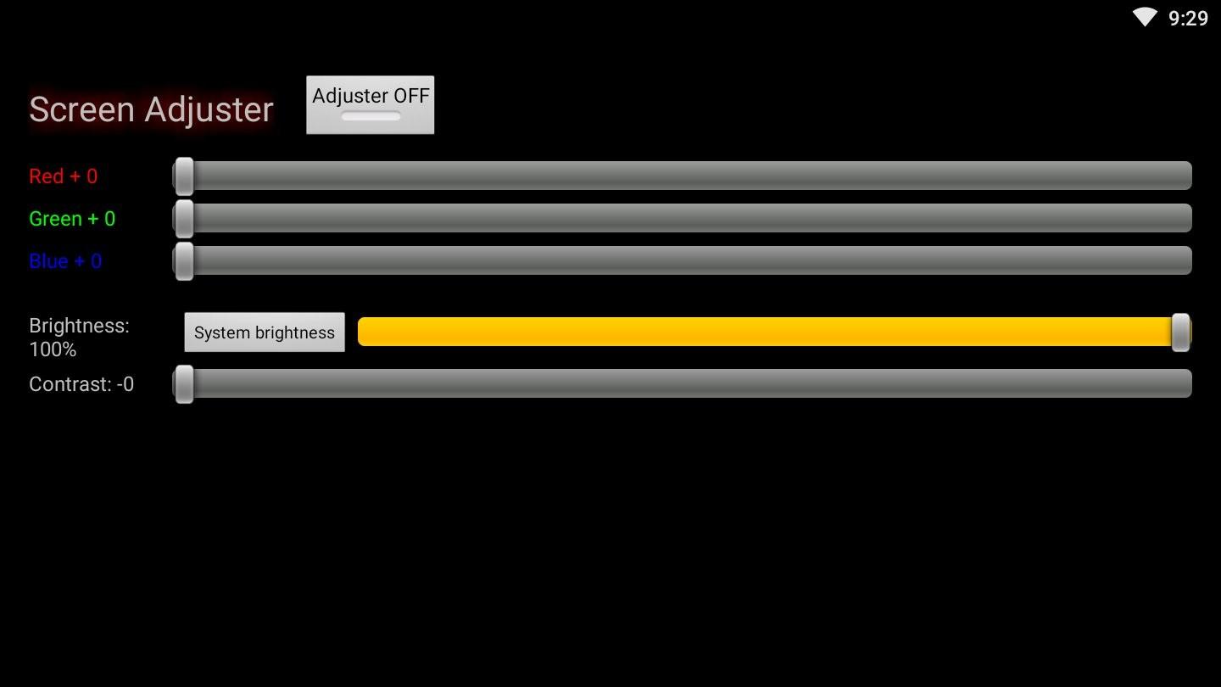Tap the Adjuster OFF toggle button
[x=370, y=104]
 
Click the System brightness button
[x=265, y=332]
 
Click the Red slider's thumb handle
[x=184, y=176]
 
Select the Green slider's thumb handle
[x=184, y=219]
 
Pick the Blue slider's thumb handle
[x=184, y=261]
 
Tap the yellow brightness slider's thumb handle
[x=1179, y=332]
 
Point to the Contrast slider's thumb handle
[x=184, y=384]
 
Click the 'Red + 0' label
[x=63, y=176]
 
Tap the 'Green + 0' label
[x=72, y=219]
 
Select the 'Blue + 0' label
[x=65, y=261]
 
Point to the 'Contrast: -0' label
[x=81, y=384]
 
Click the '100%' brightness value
[x=53, y=349]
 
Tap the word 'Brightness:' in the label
[x=79, y=326]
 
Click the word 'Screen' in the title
[x=81, y=109]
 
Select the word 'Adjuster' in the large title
[x=209, y=109]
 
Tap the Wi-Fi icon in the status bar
[x=1145, y=17]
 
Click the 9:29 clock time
[x=1188, y=19]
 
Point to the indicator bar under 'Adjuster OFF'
[x=371, y=116]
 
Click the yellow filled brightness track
[x=763, y=332]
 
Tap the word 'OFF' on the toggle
[x=411, y=96]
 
